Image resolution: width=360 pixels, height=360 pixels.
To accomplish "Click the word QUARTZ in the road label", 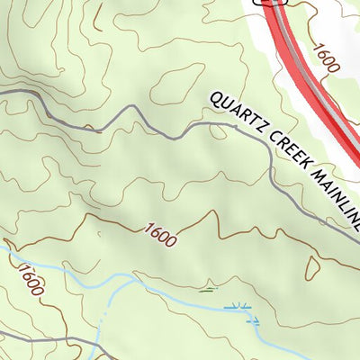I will [237, 112].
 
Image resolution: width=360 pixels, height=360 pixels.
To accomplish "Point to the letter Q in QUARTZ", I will [217, 96].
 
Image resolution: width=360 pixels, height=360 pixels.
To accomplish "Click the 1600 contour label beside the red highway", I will [325, 56].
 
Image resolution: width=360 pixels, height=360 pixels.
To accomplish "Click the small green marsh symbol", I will [208, 289].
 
